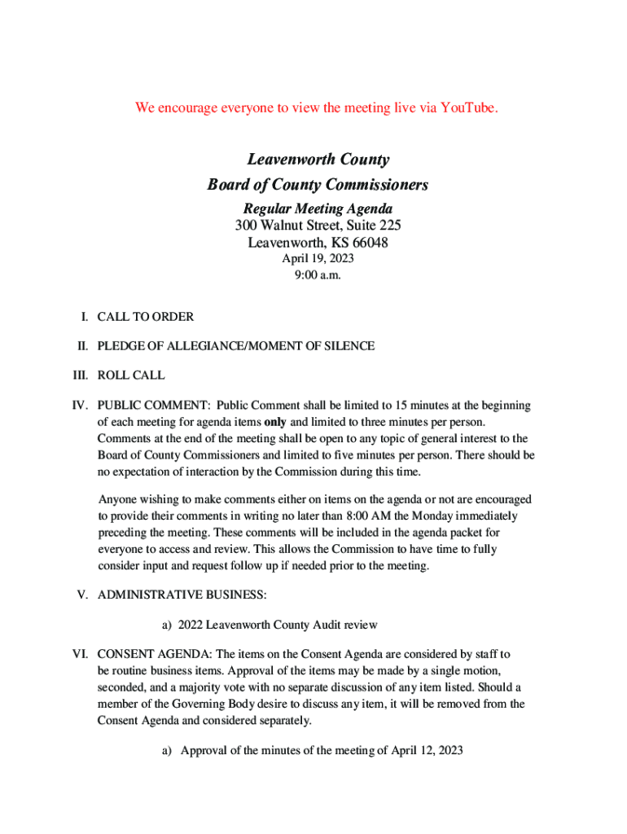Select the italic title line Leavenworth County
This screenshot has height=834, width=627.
click(318, 160)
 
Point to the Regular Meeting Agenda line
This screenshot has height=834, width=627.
click(318, 209)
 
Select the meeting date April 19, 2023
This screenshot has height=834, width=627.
click(318, 259)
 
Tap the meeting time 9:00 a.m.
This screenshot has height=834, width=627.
click(318, 275)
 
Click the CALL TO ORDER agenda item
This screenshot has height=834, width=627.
click(146, 317)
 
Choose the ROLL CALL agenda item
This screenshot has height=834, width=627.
click(131, 375)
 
